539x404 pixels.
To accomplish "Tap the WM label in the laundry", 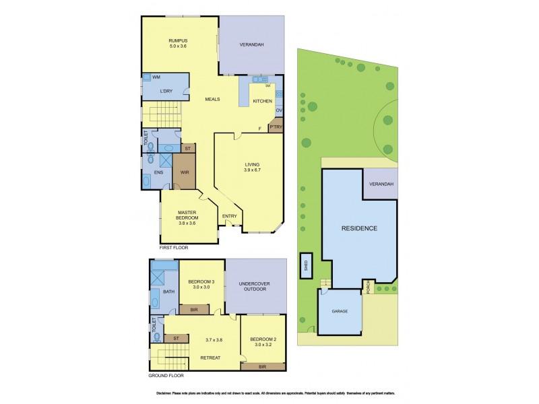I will tap(156, 78).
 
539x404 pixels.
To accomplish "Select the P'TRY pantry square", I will tap(275, 127).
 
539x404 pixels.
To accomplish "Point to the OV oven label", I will tap(279, 110).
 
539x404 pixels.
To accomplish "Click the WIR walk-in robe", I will tap(183, 172).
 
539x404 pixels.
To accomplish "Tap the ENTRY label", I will tap(230, 216).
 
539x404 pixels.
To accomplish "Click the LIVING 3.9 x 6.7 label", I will tap(252, 167).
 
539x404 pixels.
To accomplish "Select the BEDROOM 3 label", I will tap(201, 284).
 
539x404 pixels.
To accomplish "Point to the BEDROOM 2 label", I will tap(262, 341).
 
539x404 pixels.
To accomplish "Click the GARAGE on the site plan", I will tap(339, 312).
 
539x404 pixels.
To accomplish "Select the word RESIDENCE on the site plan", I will tap(358, 228).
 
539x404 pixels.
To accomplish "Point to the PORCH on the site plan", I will tap(367, 287).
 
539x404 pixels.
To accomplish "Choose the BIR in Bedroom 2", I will tap(262, 367).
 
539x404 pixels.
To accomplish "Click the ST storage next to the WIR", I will tap(188, 147).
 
